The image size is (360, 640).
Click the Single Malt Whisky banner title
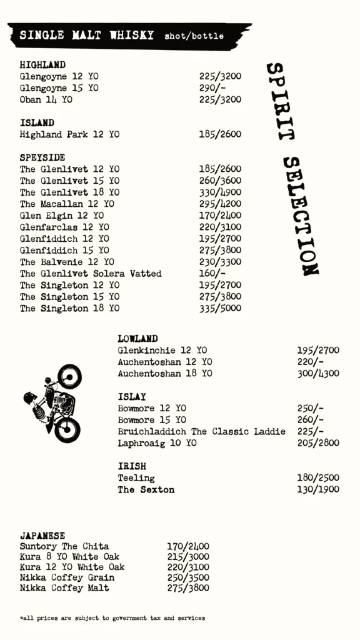[x=86, y=36]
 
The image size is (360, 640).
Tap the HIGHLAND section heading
[x=42, y=65]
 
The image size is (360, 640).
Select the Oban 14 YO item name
[x=46, y=99]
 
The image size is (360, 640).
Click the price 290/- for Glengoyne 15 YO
[x=212, y=88]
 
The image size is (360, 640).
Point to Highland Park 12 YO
[x=69, y=134]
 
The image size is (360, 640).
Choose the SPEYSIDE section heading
[x=42, y=157]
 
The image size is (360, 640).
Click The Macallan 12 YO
[x=67, y=204]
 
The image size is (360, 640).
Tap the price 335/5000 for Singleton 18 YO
[x=220, y=308]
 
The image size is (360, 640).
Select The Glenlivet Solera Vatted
[x=91, y=274]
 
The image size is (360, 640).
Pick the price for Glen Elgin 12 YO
[x=220, y=216]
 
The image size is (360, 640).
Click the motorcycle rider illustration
[x=54, y=403]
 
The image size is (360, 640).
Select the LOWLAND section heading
[x=137, y=339]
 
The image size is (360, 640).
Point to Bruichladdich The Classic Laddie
[x=201, y=431]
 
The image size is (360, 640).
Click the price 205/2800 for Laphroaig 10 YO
[x=318, y=443]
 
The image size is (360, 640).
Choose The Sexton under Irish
[x=146, y=489]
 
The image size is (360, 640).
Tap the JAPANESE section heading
[x=42, y=536]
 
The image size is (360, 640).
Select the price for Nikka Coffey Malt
[x=188, y=587]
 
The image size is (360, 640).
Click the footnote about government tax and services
[x=112, y=618]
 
